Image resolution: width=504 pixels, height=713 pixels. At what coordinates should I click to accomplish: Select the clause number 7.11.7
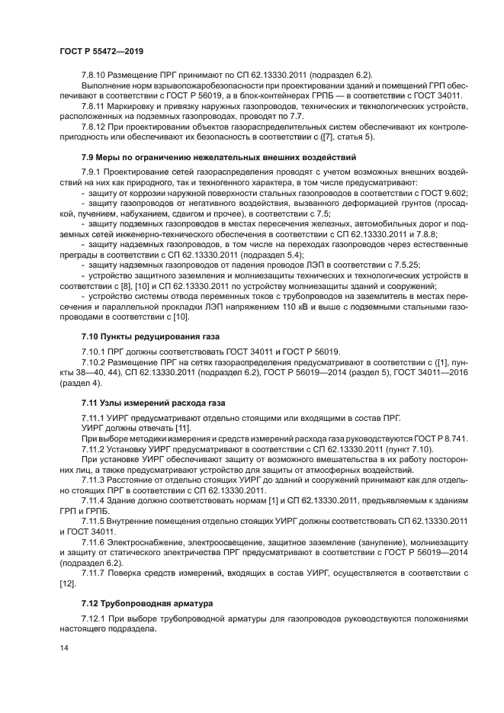pos(95,570)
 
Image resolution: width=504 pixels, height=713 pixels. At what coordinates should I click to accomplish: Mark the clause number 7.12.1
pos(95,618)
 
